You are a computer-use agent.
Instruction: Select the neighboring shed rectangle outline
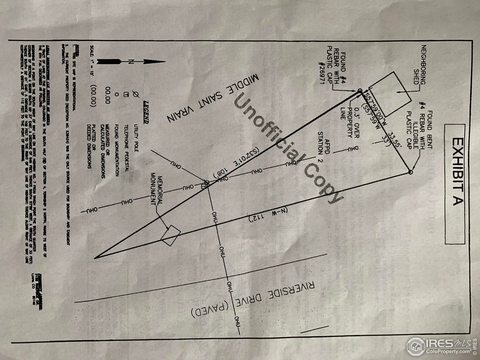[x=396, y=94]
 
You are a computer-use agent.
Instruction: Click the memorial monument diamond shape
[x=171, y=235]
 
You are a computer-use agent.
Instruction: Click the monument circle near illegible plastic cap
[x=410, y=172]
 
